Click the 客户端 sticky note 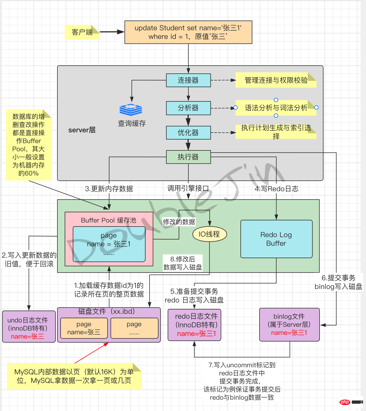pos(82,32)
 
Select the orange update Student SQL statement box pos(188,32)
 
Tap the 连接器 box pos(188,80)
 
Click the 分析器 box pos(188,108)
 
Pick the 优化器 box pos(188,133)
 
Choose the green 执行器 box pos(188,157)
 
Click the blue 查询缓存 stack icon pos(131,110)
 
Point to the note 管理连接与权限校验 pos(276,80)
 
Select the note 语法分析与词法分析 pos(276,108)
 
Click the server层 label pos(82,130)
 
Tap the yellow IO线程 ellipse pos(209,234)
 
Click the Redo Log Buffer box pos(276,239)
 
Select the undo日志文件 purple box pos(29,326)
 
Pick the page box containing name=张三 pos(84,328)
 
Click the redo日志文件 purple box pos(194,325)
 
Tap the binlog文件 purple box pos(289,325)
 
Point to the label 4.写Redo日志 pos(277,189)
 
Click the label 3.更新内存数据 pos(109,189)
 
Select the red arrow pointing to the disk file pos(92,353)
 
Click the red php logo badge pos(345,402)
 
